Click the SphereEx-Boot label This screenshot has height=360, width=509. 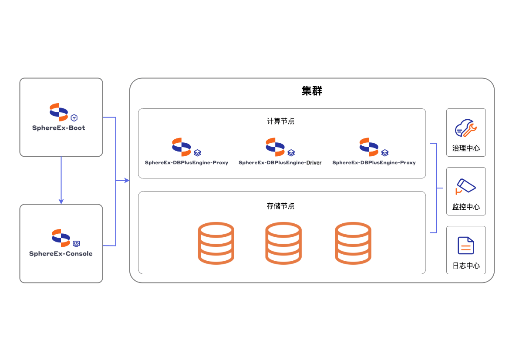[x=59, y=128]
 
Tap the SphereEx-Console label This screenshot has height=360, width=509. [x=61, y=254]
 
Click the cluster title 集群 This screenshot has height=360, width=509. [x=312, y=91]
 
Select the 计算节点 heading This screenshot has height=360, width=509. [x=281, y=121]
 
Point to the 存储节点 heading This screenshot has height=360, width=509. [x=281, y=206]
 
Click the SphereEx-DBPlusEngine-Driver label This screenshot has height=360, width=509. [x=280, y=163]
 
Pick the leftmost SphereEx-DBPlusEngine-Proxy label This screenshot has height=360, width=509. [x=186, y=163]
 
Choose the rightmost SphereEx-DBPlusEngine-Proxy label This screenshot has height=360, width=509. [x=374, y=163]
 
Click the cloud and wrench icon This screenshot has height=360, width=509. [x=466, y=128]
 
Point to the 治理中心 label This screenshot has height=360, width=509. [x=466, y=148]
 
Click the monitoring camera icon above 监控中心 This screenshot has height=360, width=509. [x=465, y=186]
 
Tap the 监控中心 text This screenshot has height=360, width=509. [x=466, y=207]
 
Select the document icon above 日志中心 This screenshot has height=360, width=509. [x=465, y=246]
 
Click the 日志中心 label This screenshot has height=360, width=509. [x=466, y=266]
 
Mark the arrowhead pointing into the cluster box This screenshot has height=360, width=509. [x=127, y=180]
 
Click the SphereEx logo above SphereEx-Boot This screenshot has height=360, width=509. [x=59, y=112]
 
